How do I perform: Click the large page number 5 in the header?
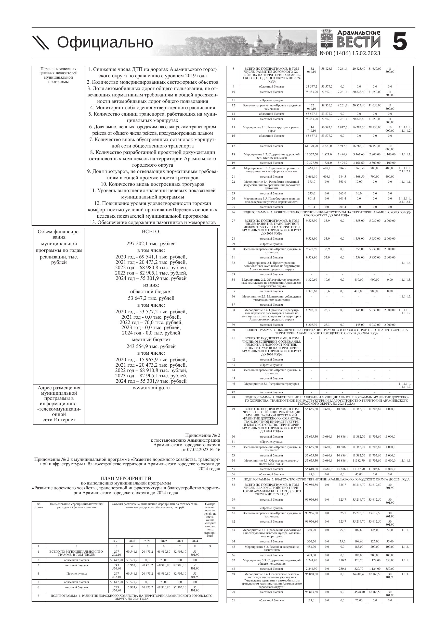click(400, 42)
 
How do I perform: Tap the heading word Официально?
click(105, 42)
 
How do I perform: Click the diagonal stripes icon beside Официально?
click(41, 43)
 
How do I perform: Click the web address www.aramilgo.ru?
click(151, 388)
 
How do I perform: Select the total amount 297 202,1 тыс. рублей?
click(151, 243)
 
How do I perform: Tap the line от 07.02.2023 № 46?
click(201, 450)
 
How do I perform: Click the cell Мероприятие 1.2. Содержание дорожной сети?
click(272, 156)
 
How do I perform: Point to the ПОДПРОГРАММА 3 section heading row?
click(326, 331)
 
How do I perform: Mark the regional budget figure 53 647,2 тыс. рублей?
click(151, 298)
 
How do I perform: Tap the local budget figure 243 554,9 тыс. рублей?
click(151, 346)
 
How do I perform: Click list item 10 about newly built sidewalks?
click(153, 184)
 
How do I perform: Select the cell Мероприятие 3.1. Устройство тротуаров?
click(272, 384)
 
